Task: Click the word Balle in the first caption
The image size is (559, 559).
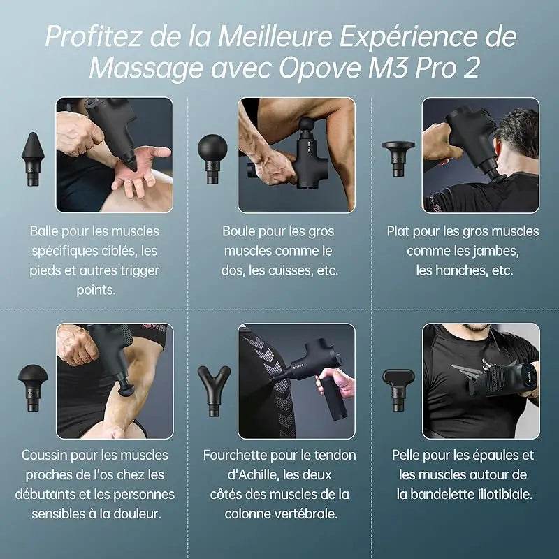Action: click(45, 231)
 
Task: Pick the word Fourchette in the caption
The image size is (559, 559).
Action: click(235, 455)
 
